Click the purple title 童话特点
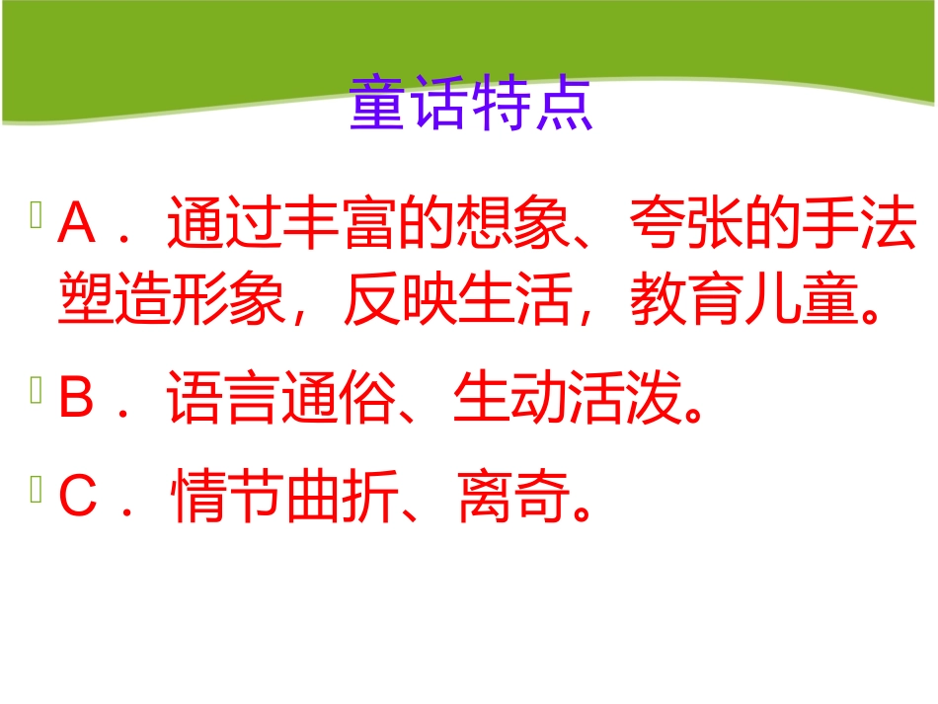471,106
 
